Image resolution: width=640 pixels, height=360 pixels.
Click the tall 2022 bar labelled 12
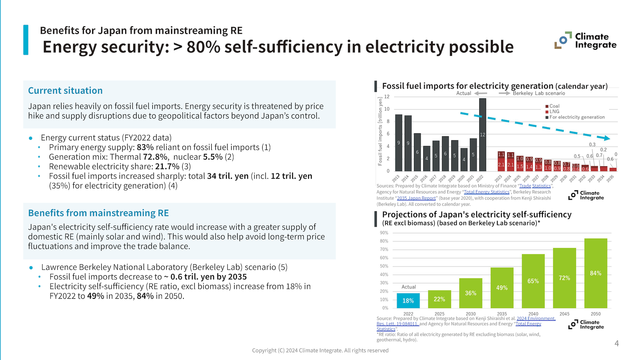tap(482, 135)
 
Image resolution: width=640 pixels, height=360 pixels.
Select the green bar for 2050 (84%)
tap(596, 273)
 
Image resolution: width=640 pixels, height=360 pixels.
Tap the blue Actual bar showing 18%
tap(408, 300)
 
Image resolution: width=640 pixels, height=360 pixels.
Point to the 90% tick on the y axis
tap(384, 233)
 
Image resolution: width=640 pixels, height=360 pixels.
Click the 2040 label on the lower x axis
tap(533, 314)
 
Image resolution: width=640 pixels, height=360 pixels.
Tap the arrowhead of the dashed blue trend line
tap(607, 138)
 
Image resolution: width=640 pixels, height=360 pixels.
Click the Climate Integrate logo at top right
tap(586, 41)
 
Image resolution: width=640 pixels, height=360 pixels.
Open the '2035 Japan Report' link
tap(416, 198)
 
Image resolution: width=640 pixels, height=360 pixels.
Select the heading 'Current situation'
tap(65, 91)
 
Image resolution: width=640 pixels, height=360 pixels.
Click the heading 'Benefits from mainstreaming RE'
tap(98, 213)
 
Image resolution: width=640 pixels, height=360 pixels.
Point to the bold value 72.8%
tap(155, 157)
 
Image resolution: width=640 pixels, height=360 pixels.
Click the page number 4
tap(616, 343)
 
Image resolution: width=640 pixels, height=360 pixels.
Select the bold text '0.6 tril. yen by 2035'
tap(208, 277)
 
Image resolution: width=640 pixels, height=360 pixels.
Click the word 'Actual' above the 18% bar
tap(408, 287)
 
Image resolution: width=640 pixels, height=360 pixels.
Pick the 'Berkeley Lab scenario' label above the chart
tap(539, 93)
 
